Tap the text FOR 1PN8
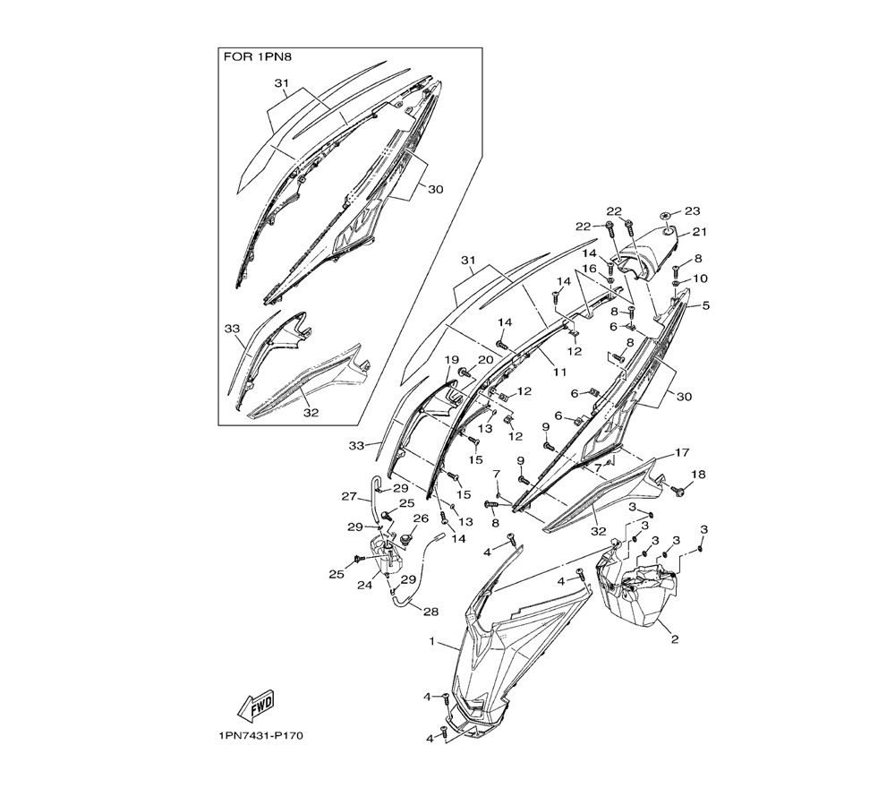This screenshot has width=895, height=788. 257,56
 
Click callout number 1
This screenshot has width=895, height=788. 432,642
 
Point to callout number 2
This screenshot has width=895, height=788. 674,640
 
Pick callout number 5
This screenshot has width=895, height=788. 706,305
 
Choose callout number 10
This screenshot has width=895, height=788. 700,278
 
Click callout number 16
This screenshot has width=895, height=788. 589,268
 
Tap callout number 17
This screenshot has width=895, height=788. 682,452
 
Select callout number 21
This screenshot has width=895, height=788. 700,232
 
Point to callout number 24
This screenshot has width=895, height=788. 365,587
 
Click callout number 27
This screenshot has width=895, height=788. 349,495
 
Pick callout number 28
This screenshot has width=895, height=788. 430,612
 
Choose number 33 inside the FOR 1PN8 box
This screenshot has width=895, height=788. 233,329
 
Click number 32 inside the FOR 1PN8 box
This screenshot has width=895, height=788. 311,414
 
